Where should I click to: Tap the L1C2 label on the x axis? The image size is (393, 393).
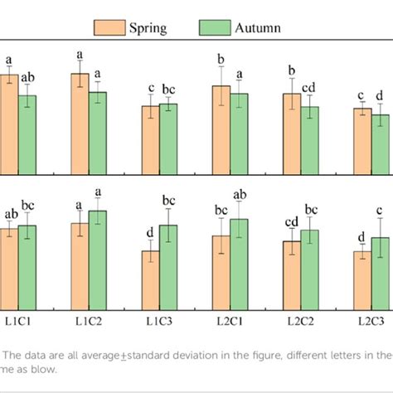[x=88, y=319]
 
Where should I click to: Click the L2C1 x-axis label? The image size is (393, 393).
[x=230, y=319]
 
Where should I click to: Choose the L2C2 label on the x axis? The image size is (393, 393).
[x=300, y=319]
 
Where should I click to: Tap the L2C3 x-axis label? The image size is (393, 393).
[x=371, y=319]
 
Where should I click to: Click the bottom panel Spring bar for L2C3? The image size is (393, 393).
[x=362, y=281]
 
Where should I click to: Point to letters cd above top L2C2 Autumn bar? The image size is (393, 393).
[x=310, y=89]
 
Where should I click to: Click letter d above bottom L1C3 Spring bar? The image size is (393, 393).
[x=150, y=233]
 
